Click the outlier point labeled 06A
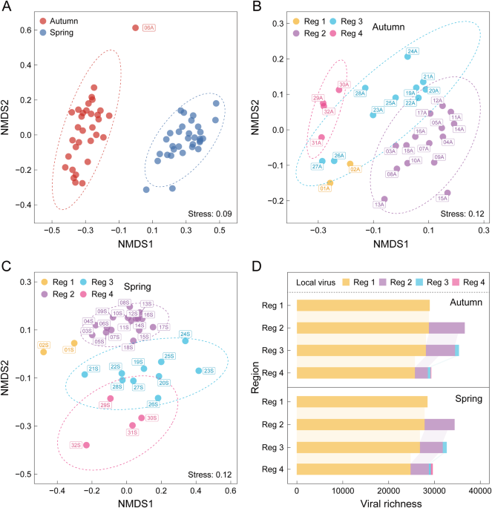[135, 27]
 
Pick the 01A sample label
[325, 189]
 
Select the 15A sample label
[443, 198]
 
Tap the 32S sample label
[76, 445]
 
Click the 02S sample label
[44, 345]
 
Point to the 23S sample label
[209, 371]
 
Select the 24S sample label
[184, 334]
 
